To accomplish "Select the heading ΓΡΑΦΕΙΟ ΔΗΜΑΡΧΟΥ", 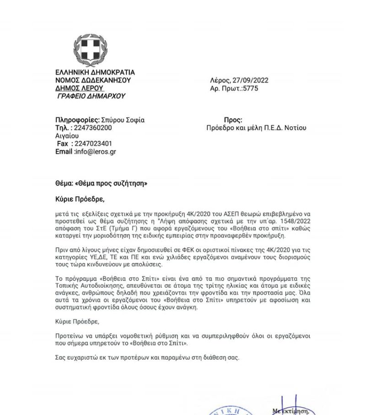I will pyautogui.click(x=91, y=96).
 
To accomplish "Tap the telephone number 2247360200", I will pyautogui.click(x=93, y=128).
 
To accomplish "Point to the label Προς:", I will pyautogui.click(x=233, y=120).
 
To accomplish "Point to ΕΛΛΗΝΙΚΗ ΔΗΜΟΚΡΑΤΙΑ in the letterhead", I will pyautogui.click(x=95, y=72).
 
